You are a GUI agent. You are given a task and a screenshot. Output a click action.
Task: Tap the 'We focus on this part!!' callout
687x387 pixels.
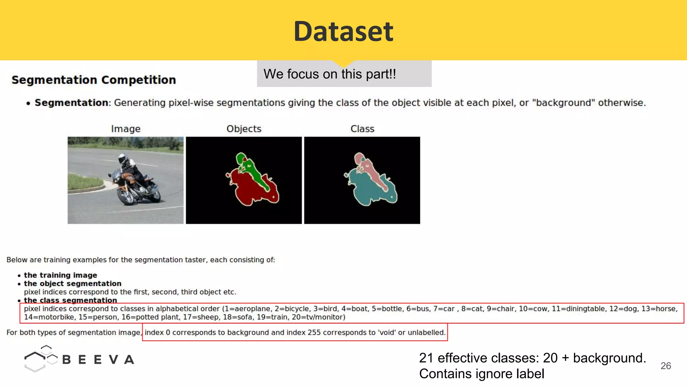click(330, 74)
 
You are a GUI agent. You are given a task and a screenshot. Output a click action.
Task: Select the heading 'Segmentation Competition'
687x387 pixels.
click(94, 80)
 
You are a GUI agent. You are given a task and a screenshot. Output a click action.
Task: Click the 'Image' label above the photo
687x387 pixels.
click(125, 129)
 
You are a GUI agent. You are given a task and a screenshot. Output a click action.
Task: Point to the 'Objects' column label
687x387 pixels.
click(244, 129)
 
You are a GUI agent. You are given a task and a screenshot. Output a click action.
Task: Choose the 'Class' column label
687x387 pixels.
click(362, 129)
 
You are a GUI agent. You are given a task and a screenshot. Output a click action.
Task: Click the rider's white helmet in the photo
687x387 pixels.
click(123, 158)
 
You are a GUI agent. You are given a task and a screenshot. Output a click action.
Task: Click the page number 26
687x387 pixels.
click(666, 366)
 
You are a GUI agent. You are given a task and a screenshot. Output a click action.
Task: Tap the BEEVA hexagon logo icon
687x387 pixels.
click(40, 358)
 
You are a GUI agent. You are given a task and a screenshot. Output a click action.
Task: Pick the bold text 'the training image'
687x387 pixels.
click(60, 275)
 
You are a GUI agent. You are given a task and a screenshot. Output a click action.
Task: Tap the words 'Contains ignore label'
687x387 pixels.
click(481, 374)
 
